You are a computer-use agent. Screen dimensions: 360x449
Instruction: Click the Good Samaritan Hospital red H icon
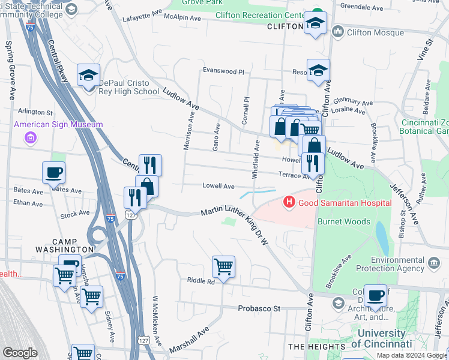[289, 202]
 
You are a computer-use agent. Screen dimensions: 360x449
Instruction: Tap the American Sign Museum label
[58, 125]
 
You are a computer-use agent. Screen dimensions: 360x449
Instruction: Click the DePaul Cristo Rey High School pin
[88, 76]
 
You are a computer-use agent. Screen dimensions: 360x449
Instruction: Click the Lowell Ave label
[218, 187]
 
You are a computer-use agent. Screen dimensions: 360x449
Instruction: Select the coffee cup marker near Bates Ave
[53, 173]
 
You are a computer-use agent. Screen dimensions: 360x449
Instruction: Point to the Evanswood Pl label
[223, 71]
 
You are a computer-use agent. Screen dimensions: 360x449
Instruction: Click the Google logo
[20, 353]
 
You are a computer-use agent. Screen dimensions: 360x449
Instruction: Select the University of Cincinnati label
[381, 338]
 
